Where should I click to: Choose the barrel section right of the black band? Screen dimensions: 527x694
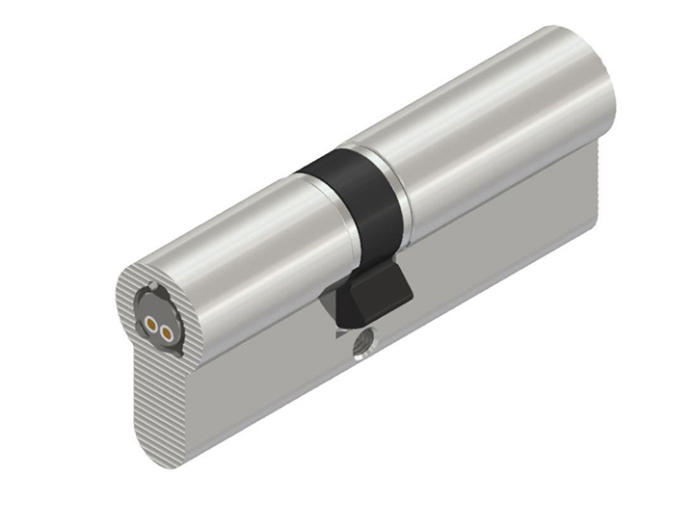tap(482, 135)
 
